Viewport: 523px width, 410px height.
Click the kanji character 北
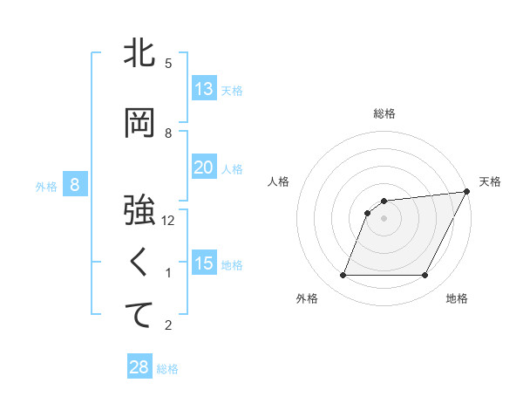(139, 54)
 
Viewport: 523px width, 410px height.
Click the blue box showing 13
(203, 89)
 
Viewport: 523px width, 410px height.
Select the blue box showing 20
(203, 167)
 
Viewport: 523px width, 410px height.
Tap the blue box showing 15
(203, 263)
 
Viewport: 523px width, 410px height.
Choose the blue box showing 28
(139, 367)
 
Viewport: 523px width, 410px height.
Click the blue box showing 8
(75, 185)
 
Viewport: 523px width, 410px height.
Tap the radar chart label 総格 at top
(384, 113)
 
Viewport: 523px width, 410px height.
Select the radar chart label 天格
(490, 181)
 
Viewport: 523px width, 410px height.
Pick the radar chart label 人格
(279, 181)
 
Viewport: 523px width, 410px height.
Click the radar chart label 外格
(307, 299)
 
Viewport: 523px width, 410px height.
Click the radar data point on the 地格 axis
(425, 276)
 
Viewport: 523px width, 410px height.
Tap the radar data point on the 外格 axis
(343, 276)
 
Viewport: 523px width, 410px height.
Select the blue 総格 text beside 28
(167, 369)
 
